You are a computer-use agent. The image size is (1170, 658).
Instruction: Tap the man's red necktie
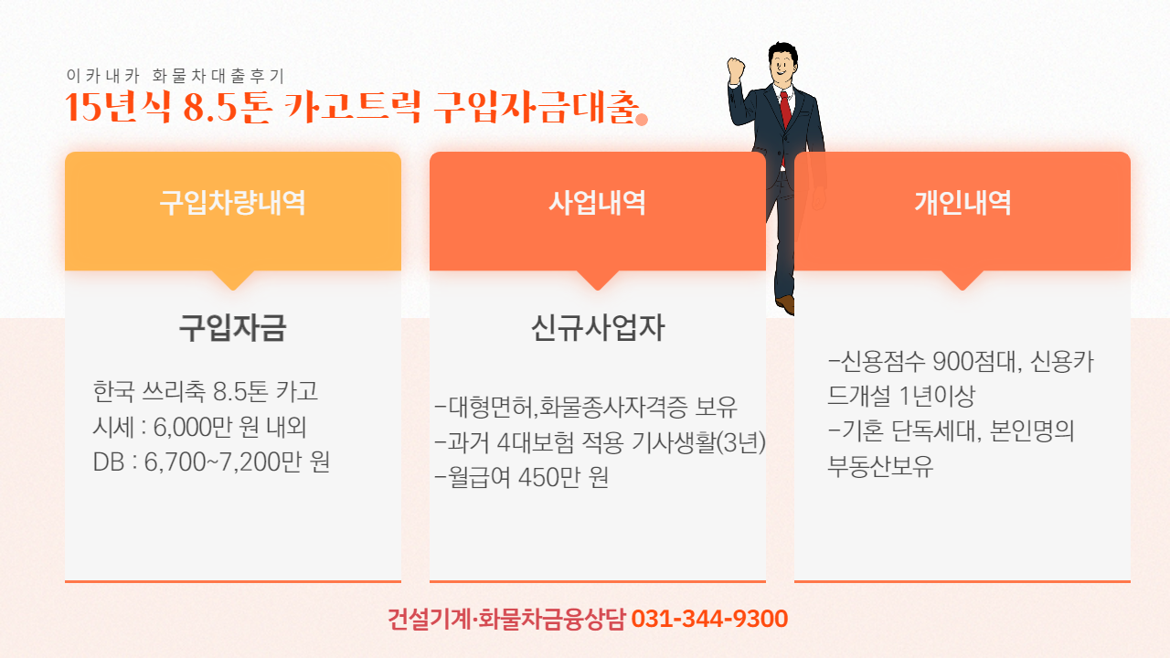(x=785, y=112)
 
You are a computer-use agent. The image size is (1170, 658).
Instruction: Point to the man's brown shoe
(x=785, y=304)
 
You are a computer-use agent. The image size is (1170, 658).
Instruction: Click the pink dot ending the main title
(x=642, y=120)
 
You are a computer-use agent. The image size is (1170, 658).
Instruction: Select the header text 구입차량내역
(x=232, y=203)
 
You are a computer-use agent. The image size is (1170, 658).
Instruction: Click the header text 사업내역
(x=597, y=203)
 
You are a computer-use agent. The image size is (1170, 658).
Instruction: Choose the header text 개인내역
(x=963, y=203)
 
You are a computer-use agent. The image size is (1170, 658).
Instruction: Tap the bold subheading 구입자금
(x=232, y=328)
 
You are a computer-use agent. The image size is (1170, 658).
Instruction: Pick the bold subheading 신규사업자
(x=598, y=328)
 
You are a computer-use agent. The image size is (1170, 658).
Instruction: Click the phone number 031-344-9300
(x=709, y=619)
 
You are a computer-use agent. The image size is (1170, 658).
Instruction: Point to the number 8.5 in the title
(x=210, y=108)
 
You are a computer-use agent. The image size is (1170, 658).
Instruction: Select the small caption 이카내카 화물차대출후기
(x=175, y=76)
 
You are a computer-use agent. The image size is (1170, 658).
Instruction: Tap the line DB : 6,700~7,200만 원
(x=211, y=462)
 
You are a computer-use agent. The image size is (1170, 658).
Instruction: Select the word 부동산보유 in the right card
(x=880, y=466)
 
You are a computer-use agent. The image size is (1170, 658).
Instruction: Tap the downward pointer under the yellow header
(x=233, y=280)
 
